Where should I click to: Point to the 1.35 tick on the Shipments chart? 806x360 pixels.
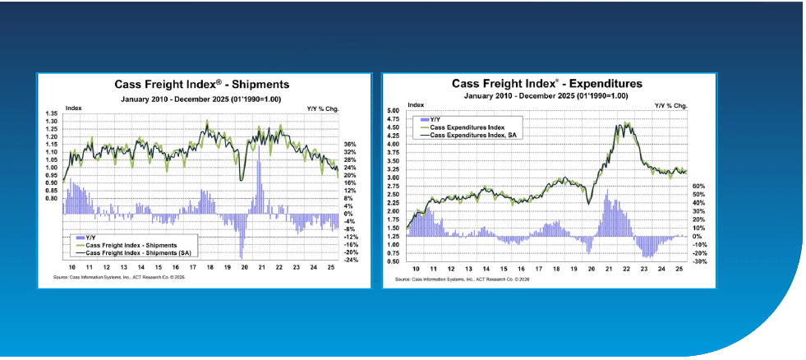[x=52, y=113]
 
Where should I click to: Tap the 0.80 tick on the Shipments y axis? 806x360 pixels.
[x=52, y=198]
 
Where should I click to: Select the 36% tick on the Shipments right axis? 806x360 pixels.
[x=348, y=144]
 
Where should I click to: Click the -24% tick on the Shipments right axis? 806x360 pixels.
[x=348, y=261]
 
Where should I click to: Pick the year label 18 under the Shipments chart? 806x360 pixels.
[x=208, y=268]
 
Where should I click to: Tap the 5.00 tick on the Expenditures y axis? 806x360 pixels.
[x=393, y=111]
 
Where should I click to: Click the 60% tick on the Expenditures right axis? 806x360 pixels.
[x=698, y=186]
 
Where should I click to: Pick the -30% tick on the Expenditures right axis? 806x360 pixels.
[x=698, y=261]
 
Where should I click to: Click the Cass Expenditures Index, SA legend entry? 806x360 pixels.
[x=476, y=134]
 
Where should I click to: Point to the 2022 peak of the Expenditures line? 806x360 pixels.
[x=627, y=124]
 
